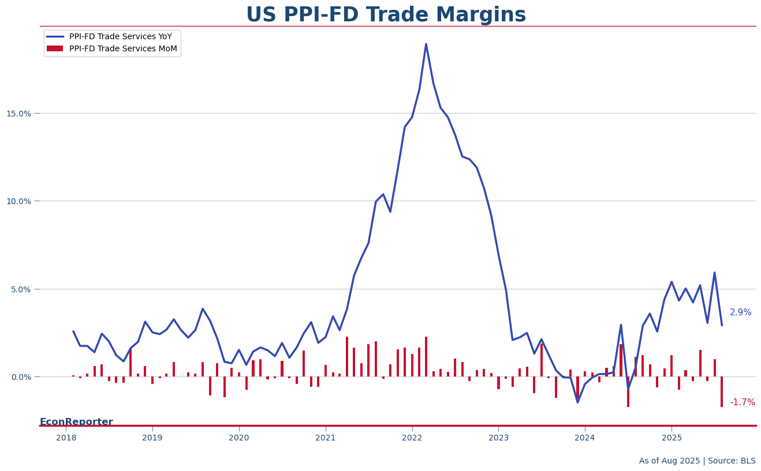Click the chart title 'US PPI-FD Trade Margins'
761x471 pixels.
[386, 15]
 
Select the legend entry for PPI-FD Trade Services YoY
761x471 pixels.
[120, 37]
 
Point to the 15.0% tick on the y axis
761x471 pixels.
[19, 114]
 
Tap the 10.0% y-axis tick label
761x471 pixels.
[19, 201]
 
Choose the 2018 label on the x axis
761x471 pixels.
[66, 438]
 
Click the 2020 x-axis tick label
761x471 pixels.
[239, 438]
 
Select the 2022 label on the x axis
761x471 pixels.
[412, 438]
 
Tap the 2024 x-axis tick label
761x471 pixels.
[585, 438]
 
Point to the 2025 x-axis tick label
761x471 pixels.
[672, 438]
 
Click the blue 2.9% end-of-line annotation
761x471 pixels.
[740, 312]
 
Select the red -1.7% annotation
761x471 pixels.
[742, 402]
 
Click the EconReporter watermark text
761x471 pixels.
[76, 422]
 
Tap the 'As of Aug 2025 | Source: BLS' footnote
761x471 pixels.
[697, 461]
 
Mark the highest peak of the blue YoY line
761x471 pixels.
[426, 44]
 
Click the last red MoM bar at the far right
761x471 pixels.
[721, 392]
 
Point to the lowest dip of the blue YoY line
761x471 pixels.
[577, 402]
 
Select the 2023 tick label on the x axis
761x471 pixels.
[498, 438]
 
